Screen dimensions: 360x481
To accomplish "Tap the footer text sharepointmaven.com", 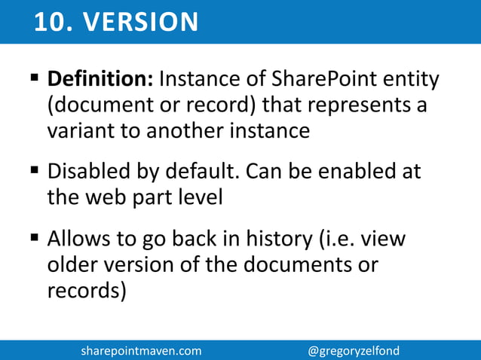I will coord(141,351).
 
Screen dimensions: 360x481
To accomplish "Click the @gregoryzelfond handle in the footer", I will coord(354,351).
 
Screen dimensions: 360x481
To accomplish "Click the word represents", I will coord(348,105).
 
